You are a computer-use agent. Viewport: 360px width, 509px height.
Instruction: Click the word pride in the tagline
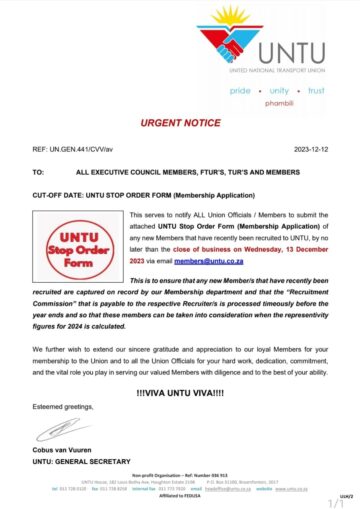tap(241, 91)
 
